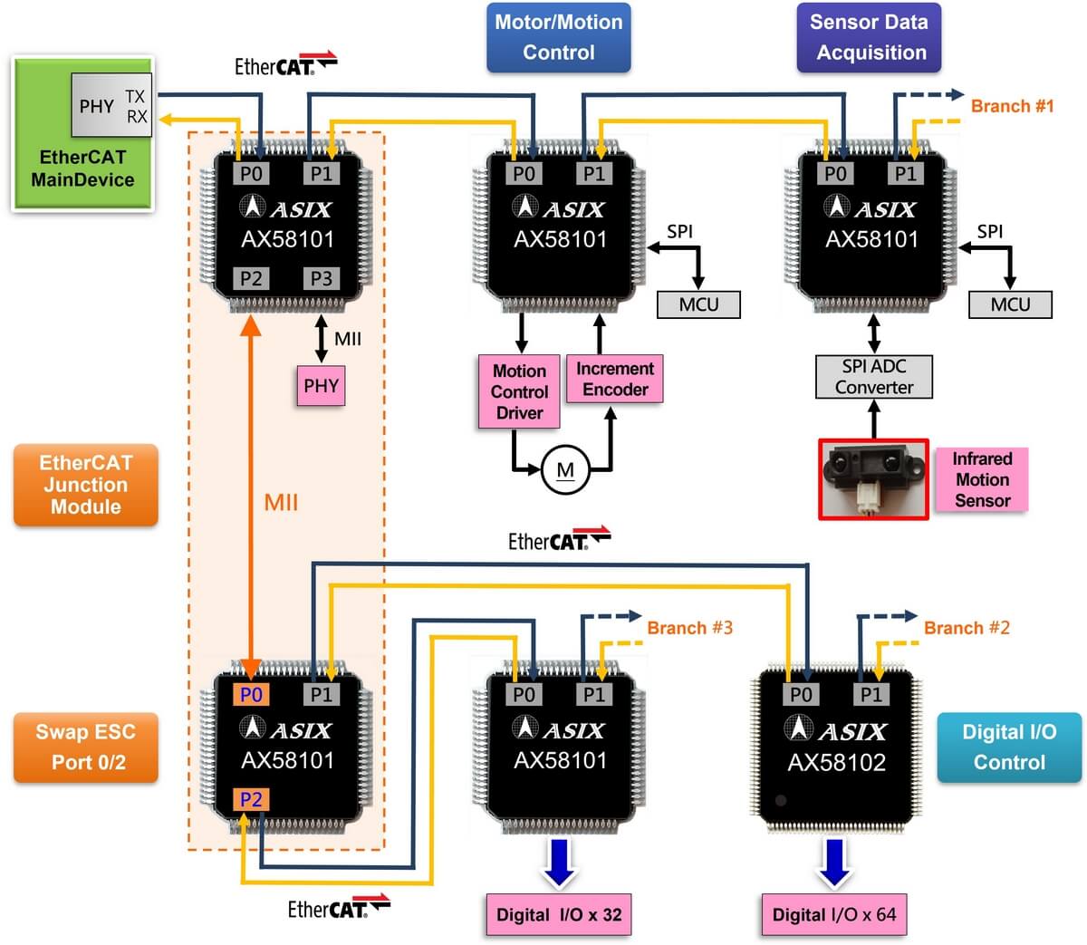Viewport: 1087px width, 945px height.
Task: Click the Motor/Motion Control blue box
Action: (558, 37)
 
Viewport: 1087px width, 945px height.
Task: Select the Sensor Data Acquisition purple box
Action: (870, 37)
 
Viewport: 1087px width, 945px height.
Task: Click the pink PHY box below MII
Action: (321, 386)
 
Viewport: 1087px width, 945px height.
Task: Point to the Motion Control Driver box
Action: (519, 391)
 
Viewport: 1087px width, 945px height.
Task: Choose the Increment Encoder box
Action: (615, 379)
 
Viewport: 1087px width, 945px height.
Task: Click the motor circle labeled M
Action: (565, 470)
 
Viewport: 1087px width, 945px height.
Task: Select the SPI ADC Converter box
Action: (873, 377)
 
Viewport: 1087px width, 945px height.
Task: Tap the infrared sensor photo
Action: (873, 478)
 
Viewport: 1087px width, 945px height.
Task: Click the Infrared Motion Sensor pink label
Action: (982, 479)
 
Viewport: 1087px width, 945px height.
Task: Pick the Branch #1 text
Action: (1012, 106)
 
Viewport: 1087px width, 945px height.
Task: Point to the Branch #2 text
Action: (967, 628)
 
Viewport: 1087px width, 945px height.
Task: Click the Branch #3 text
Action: (689, 628)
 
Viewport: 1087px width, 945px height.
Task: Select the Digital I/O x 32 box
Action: (559, 914)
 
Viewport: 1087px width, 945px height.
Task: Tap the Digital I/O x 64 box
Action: (833, 914)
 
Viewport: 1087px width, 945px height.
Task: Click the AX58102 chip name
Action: (836, 762)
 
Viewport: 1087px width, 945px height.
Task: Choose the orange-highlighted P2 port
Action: (251, 799)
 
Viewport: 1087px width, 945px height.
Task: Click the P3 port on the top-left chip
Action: (321, 278)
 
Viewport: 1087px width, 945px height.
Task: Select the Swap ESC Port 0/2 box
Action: (86, 747)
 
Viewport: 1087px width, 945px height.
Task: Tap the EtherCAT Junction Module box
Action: (86, 485)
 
